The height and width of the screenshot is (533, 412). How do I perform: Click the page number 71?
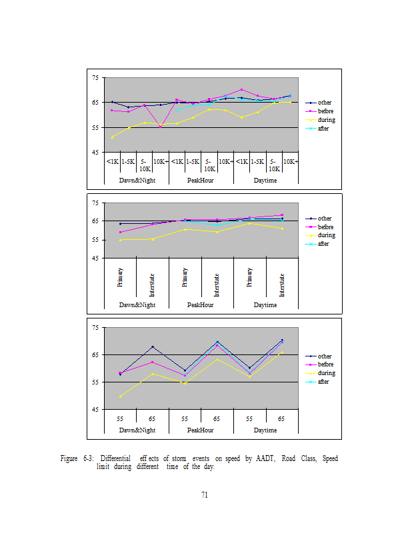(205, 494)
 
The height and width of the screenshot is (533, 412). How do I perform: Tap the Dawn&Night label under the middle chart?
(137, 304)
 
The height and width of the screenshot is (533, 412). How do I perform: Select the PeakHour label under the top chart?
(201, 180)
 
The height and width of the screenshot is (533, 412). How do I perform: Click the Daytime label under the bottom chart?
(265, 430)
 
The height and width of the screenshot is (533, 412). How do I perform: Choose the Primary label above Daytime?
(249, 276)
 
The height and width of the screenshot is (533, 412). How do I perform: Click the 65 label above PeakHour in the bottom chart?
(217, 418)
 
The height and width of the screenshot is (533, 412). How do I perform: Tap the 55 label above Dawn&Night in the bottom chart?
(120, 418)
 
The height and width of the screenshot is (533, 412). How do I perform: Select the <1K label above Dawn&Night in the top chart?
(112, 161)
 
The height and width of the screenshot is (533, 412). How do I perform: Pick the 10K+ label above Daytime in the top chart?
(290, 161)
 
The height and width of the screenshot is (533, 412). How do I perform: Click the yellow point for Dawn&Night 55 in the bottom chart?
(120, 397)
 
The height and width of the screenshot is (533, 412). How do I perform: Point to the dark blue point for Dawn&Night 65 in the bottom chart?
(153, 346)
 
